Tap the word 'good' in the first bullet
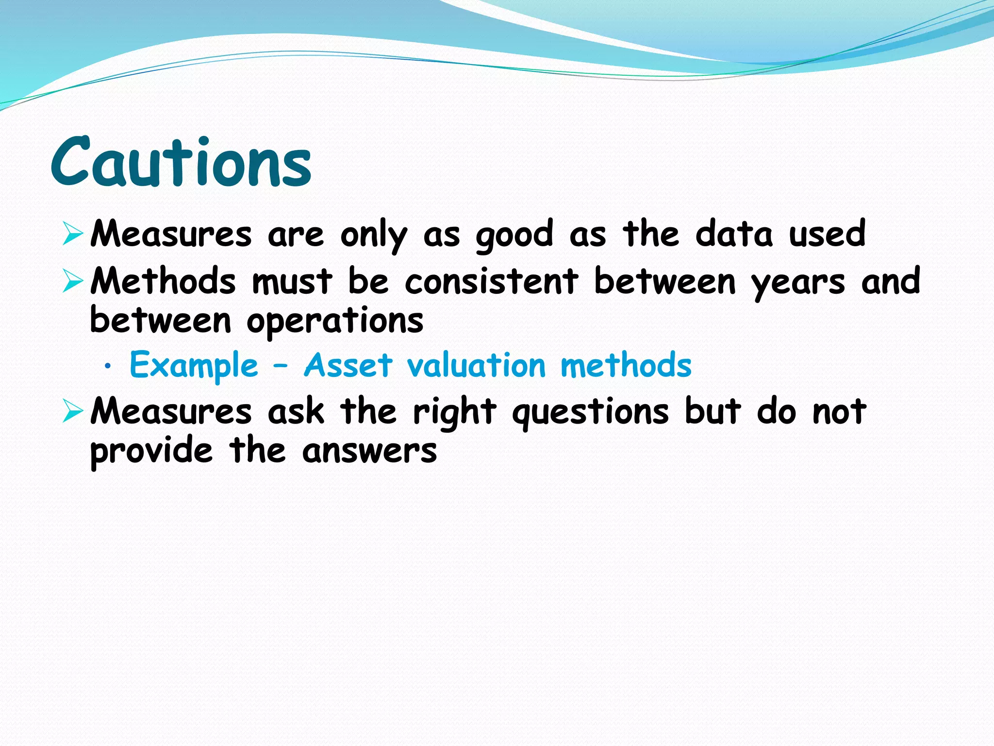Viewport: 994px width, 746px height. [x=514, y=235]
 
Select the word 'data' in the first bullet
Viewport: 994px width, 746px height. [x=733, y=234]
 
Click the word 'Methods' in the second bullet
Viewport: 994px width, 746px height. [x=163, y=281]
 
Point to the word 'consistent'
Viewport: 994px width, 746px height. [x=491, y=281]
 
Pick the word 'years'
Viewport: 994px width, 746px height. [x=797, y=283]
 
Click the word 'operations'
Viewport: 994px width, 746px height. [x=335, y=321]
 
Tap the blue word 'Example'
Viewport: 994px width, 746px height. [x=194, y=366]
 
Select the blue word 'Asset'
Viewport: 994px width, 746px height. [x=348, y=365]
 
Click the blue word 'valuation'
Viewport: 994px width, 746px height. [x=477, y=365]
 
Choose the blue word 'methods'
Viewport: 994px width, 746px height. [x=626, y=365]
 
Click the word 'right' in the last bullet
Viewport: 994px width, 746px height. [x=454, y=412]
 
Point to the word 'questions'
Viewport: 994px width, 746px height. [x=591, y=412]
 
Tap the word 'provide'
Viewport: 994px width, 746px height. [x=151, y=451]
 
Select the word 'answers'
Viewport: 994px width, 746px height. [x=369, y=451]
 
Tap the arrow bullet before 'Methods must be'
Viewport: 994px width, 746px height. [x=73, y=281]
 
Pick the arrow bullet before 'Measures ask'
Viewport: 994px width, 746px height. [x=73, y=411]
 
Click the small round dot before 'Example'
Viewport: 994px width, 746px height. [x=108, y=368]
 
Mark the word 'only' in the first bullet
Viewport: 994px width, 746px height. [x=373, y=235]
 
